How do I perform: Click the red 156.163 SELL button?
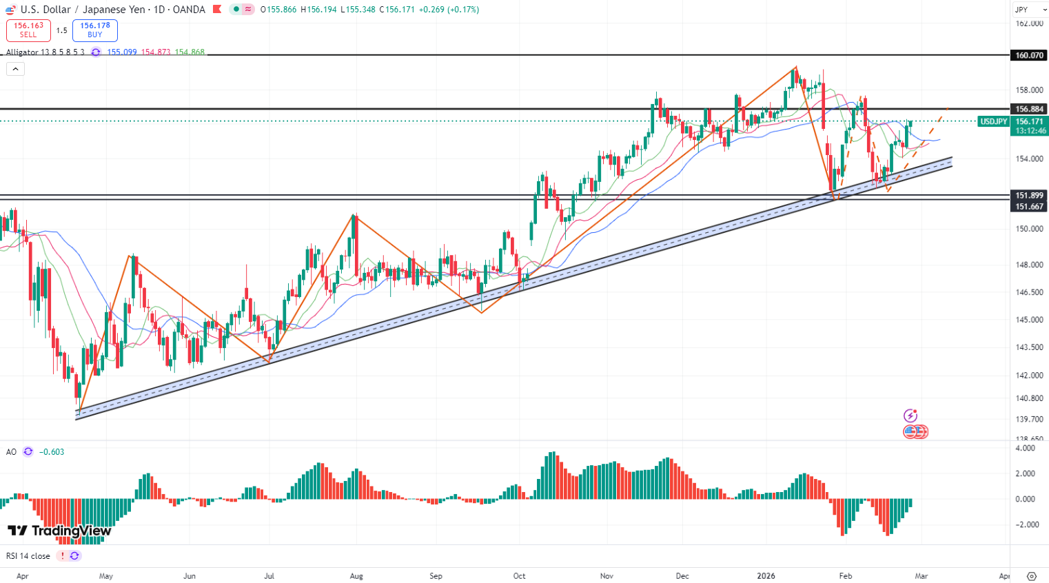click(28, 30)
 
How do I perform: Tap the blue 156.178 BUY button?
click(95, 30)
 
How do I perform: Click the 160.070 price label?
click(1029, 55)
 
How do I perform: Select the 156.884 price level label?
click(1029, 109)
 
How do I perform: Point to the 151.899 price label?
click(1029, 196)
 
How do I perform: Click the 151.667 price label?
click(1029, 207)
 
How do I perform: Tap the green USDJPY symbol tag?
click(993, 121)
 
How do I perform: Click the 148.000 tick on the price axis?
click(1029, 265)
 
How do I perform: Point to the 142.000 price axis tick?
click(1029, 376)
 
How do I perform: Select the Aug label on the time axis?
click(356, 576)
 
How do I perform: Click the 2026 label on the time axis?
click(766, 576)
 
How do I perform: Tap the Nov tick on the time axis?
click(607, 576)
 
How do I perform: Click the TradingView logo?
click(59, 531)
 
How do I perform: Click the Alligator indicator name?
click(22, 52)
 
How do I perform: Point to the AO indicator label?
click(11, 452)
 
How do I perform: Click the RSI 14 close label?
click(28, 556)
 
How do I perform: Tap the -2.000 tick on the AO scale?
click(1026, 525)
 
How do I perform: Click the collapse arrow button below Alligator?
click(15, 69)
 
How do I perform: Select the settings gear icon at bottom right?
click(1032, 576)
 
